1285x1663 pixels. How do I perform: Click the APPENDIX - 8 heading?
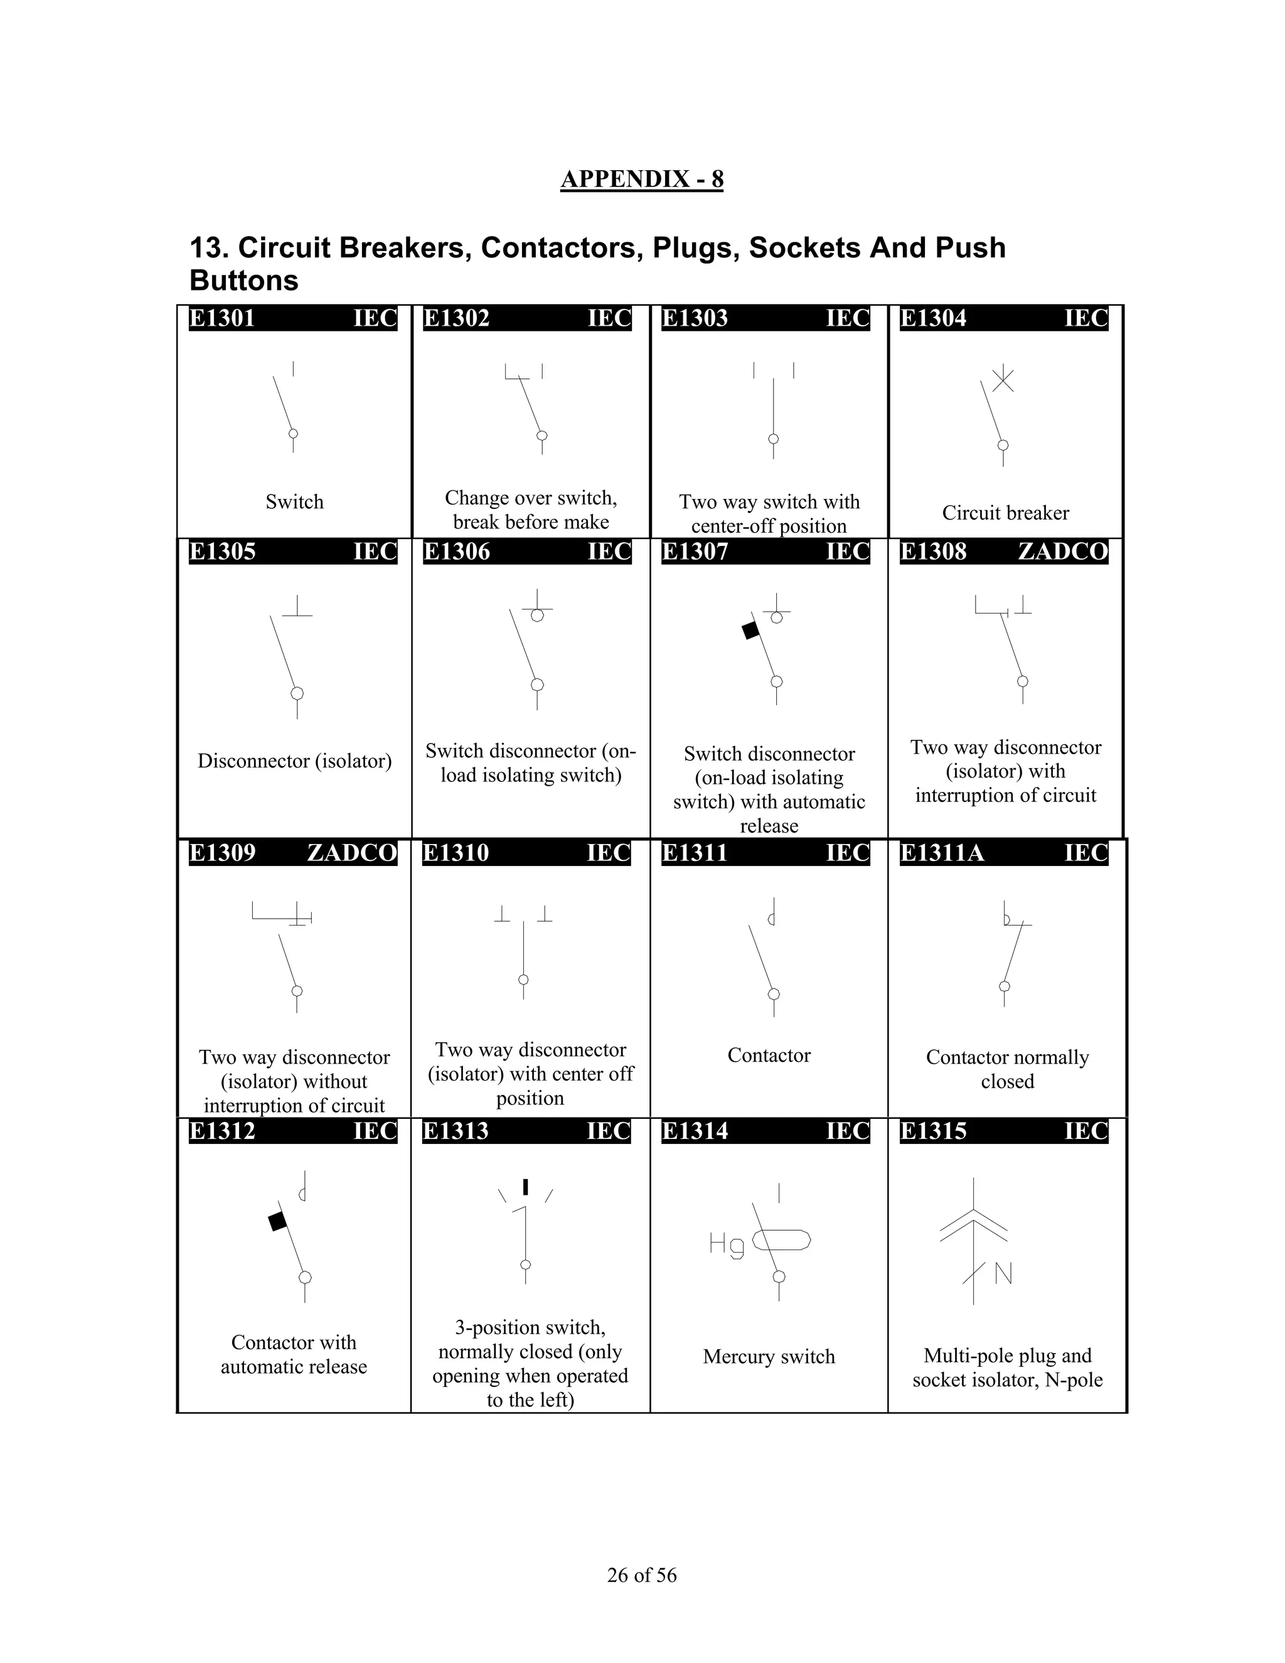tap(641, 179)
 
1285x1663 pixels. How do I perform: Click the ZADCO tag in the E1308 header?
tap(1062, 551)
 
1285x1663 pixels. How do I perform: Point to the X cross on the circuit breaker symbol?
tap(1003, 378)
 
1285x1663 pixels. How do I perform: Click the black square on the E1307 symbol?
tap(750, 631)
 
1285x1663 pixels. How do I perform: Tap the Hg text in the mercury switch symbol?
tap(726, 1245)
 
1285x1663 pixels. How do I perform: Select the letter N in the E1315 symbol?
tap(1003, 1273)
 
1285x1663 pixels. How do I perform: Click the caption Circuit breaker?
tap(1005, 513)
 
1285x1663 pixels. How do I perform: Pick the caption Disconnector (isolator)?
tap(295, 761)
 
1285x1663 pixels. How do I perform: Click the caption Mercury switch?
tap(769, 1356)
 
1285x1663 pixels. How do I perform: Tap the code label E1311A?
tap(942, 853)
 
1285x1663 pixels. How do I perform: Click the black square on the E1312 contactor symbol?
tap(278, 1221)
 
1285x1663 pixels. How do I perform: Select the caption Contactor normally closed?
tap(1007, 1069)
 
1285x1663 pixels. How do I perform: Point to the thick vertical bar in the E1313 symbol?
tap(525, 1187)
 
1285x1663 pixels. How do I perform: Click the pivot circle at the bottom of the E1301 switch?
tap(293, 433)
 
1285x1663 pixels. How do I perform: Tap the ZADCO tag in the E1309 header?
tap(352, 853)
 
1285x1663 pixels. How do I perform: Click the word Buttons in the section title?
tap(243, 281)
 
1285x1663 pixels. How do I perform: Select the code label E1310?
tap(456, 853)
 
